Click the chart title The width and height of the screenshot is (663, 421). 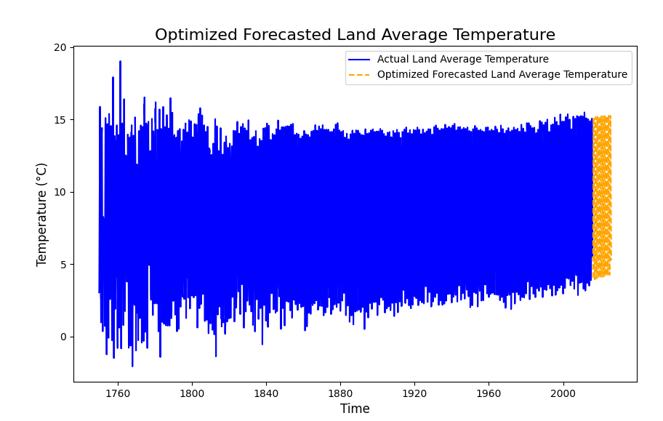pos(355,35)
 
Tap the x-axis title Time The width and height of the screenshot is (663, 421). pos(355,409)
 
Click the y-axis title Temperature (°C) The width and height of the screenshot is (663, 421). pos(41,214)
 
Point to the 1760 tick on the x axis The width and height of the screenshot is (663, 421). pos(118,393)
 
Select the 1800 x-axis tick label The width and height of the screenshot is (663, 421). pos(192,393)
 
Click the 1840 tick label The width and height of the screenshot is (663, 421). pos(266,393)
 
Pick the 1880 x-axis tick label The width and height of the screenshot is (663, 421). pos(340,393)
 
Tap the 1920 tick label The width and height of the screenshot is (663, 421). pos(414,393)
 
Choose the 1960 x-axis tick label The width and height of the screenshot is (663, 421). pos(489,393)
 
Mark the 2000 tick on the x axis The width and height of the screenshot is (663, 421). pos(563,393)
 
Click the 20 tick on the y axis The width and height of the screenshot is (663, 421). pos(60,47)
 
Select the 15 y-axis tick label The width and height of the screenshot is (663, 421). pos(60,120)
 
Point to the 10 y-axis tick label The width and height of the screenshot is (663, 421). pos(60,192)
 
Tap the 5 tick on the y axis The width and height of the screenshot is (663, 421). pos(63,265)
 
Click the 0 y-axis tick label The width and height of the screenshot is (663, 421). pos(63,337)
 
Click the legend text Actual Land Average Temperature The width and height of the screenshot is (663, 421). pos(463,59)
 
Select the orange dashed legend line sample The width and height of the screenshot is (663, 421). pos(359,75)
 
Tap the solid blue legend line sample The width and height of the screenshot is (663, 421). pos(359,60)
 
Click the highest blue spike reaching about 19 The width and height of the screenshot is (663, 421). pos(120,62)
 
